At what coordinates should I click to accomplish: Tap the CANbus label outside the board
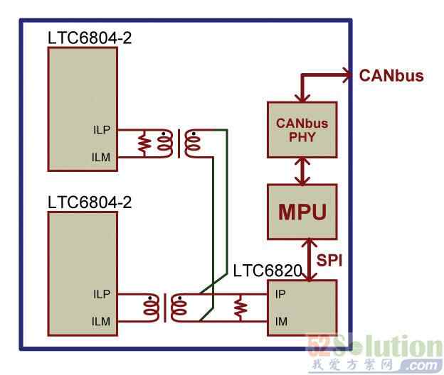pyautogui.click(x=391, y=75)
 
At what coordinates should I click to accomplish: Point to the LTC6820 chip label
pyautogui.click(x=267, y=271)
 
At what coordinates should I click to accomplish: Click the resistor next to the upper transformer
pyautogui.click(x=144, y=143)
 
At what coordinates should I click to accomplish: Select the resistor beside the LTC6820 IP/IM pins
pyautogui.click(x=240, y=307)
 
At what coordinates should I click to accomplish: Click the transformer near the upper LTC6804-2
pyautogui.click(x=179, y=143)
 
